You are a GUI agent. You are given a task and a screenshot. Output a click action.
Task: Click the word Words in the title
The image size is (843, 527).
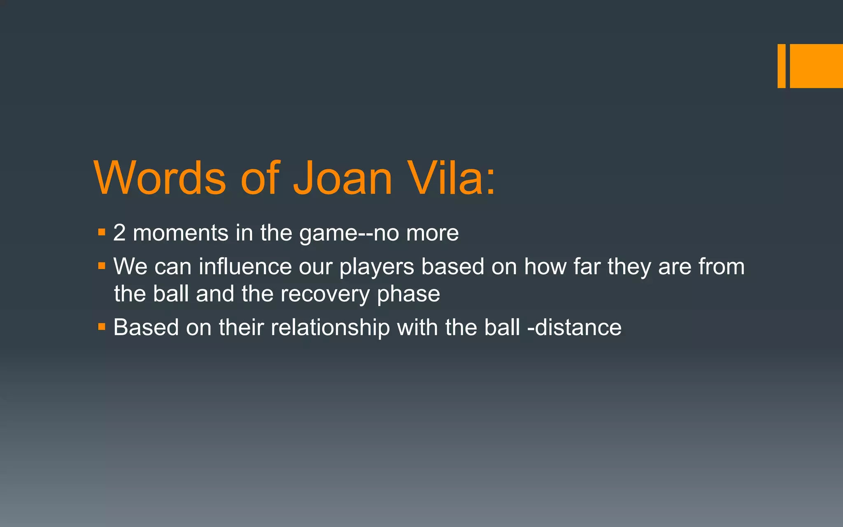pos(160,178)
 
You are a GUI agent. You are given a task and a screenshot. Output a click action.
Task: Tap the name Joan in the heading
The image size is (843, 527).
pos(342,178)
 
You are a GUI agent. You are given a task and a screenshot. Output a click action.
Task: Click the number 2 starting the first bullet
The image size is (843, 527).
pos(119,233)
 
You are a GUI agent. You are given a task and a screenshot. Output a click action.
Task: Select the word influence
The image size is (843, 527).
pos(245,266)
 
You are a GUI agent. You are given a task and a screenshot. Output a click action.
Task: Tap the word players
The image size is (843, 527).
pos(377,267)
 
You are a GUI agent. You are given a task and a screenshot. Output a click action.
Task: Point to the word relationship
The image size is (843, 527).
pos(330,328)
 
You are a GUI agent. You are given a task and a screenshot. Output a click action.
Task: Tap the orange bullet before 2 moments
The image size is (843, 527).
pos(102,233)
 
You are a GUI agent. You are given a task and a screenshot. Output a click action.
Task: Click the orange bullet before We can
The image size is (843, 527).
pos(102,266)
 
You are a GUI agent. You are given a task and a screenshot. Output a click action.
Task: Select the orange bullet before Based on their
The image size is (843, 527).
pos(102,327)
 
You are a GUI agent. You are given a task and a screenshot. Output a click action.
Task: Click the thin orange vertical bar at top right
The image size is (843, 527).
pos(781,66)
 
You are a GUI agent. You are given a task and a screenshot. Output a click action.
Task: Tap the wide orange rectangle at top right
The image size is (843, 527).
pos(816,66)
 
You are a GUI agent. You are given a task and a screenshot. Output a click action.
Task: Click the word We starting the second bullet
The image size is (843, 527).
pos(130,266)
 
